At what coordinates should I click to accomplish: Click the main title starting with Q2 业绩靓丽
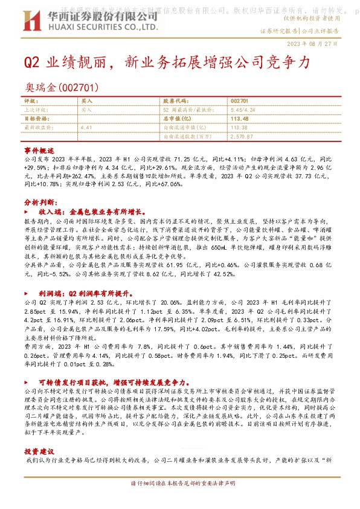167,62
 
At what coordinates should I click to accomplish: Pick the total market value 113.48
240,119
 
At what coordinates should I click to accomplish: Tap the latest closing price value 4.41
86,128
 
